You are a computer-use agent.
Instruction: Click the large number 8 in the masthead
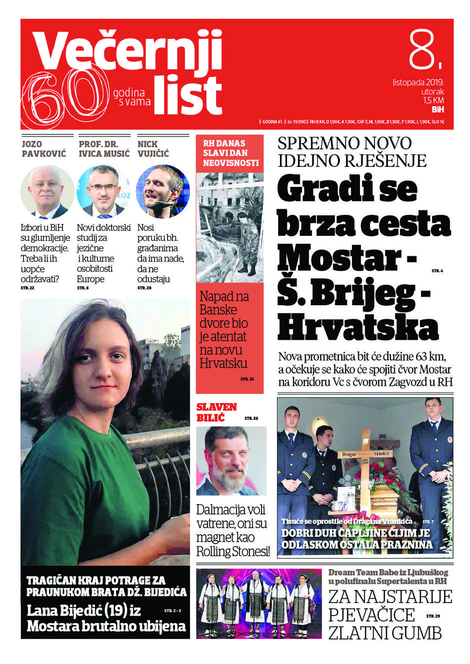click(423, 50)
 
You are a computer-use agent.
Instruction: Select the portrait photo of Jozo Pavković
click(47, 193)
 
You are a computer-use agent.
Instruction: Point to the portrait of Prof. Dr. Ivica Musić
click(103, 193)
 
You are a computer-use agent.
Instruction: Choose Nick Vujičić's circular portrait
click(163, 192)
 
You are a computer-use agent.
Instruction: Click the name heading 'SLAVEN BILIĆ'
click(216, 412)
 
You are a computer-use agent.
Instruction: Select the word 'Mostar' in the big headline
click(340, 259)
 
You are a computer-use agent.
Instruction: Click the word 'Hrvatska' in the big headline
click(357, 327)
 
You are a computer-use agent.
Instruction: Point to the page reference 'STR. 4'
click(437, 271)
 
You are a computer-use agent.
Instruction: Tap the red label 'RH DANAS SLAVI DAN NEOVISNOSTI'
click(230, 153)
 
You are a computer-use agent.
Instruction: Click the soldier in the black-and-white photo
click(245, 240)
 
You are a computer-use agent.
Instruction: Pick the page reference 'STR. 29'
click(433, 616)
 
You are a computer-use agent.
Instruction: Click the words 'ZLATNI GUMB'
click(385, 633)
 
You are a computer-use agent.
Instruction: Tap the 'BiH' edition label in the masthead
click(437, 109)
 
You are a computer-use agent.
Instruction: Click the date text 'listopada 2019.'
click(418, 82)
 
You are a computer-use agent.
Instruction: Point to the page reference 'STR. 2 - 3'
click(172, 611)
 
